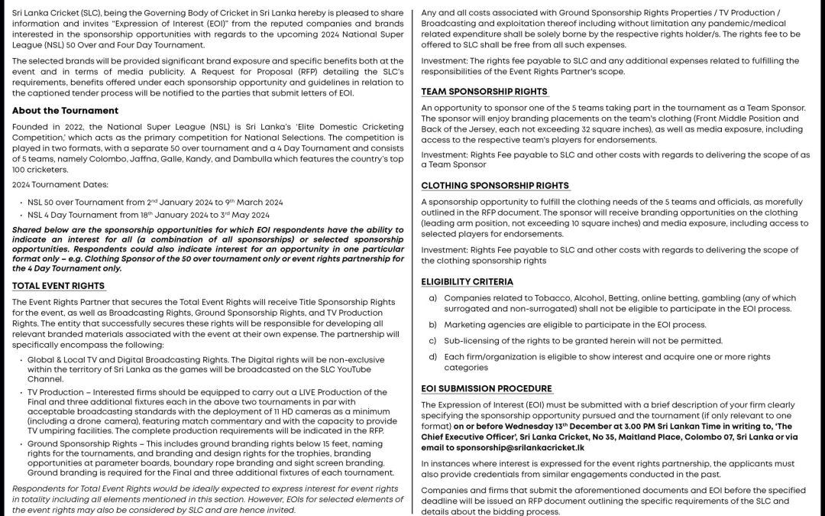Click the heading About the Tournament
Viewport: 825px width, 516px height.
pyautogui.click(x=65, y=110)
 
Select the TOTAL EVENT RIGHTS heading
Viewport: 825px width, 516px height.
pyautogui.click(x=59, y=286)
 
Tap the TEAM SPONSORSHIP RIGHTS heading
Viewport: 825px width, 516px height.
pyautogui.click(x=484, y=91)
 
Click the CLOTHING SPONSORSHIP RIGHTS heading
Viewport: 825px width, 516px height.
pyautogui.click(x=495, y=185)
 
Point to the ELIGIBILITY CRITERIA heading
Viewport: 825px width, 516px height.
pyautogui.click(x=467, y=281)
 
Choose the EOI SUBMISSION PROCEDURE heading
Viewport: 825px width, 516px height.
pyautogui.click(x=487, y=388)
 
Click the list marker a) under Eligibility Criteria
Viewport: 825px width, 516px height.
pyautogui.click(x=433, y=298)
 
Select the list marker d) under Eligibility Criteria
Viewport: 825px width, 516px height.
pyautogui.click(x=433, y=357)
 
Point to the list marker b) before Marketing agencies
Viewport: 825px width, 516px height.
pyautogui.click(x=433, y=325)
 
